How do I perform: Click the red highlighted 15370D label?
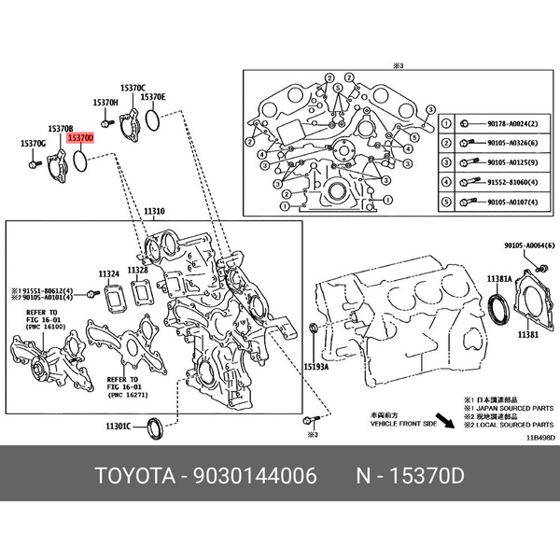(80, 137)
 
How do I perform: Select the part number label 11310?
(154, 213)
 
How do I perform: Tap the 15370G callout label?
(33, 144)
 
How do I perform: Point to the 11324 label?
(109, 273)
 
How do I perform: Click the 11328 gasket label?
(139, 270)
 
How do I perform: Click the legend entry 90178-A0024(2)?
(508, 124)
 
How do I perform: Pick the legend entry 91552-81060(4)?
(508, 182)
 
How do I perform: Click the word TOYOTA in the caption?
(133, 477)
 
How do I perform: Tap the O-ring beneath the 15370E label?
(155, 119)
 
